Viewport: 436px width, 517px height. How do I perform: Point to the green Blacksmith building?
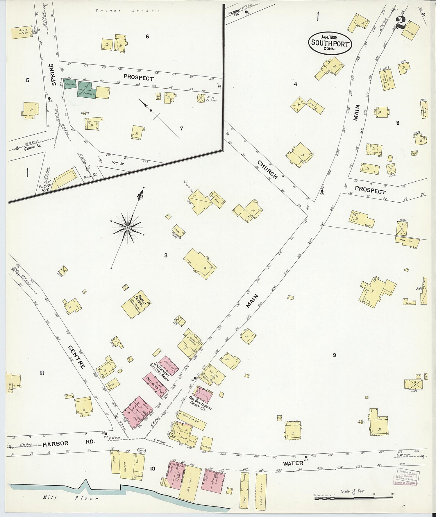click(70, 84)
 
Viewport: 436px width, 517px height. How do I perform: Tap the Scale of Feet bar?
click(353, 498)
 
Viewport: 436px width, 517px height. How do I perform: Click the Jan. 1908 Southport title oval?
click(330, 43)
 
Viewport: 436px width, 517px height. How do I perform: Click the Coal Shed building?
click(261, 491)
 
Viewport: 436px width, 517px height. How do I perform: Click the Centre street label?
click(77, 357)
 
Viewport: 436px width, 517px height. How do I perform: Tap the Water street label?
click(293, 463)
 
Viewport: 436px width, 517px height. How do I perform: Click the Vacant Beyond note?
click(128, 11)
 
